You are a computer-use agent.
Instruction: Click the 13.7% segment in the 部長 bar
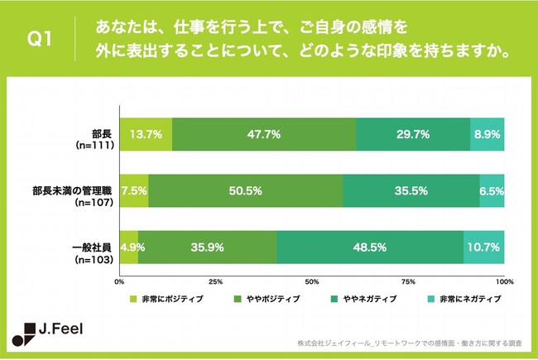click(146, 134)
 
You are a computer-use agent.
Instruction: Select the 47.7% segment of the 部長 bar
click(264, 134)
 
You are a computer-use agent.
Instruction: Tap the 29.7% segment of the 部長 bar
click(413, 134)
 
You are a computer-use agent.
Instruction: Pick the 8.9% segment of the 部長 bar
click(488, 134)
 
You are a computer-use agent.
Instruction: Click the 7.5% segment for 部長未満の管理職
click(134, 190)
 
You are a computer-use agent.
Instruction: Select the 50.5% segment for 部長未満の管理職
click(245, 190)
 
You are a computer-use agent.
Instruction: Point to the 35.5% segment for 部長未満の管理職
click(411, 190)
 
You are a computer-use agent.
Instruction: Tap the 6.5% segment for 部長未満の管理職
click(492, 190)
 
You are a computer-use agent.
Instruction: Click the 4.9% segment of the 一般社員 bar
click(129, 247)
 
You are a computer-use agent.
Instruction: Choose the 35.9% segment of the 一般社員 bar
click(207, 247)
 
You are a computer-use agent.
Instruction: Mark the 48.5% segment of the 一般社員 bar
click(370, 247)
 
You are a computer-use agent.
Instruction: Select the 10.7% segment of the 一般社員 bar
click(484, 247)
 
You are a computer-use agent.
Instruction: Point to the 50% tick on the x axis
click(312, 281)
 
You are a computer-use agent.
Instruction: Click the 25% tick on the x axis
click(216, 281)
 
